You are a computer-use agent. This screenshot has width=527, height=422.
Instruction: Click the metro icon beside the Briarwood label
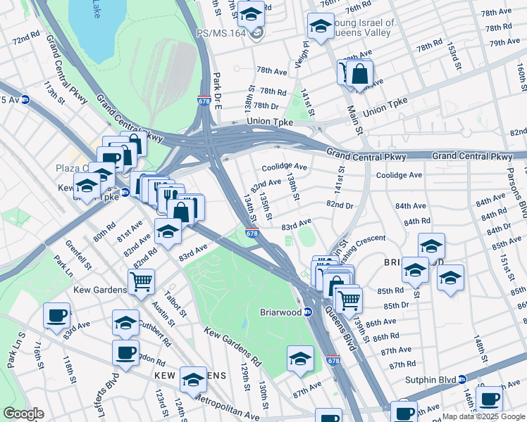(308, 312)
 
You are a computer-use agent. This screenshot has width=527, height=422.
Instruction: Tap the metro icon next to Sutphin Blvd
(462, 380)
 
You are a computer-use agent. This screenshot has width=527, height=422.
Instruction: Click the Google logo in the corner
(23, 414)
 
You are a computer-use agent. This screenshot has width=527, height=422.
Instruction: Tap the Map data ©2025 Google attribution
(483, 416)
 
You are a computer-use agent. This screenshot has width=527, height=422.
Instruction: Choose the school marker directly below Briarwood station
(300, 358)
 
